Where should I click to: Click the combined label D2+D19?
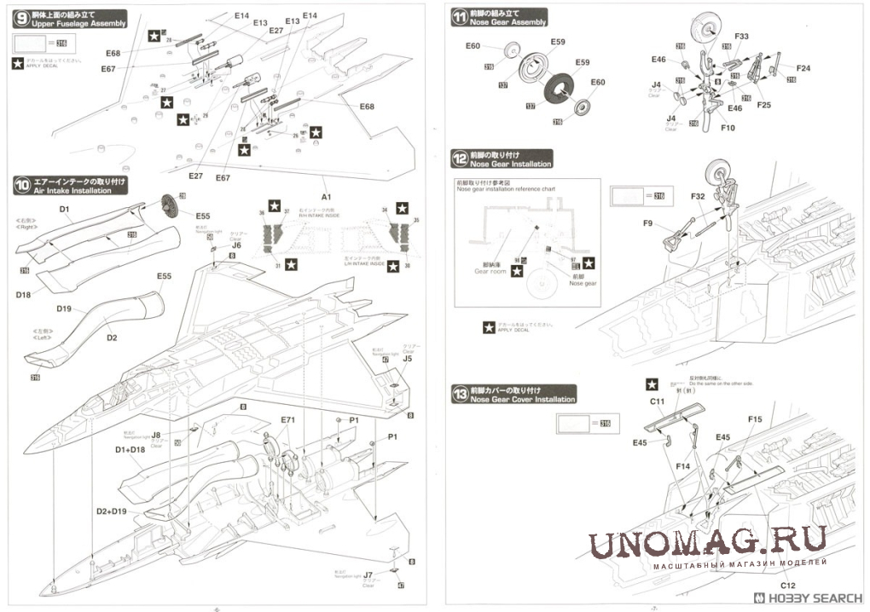click(x=111, y=511)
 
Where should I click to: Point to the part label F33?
click(x=741, y=37)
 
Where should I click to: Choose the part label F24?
click(x=803, y=68)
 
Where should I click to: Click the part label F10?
click(x=727, y=128)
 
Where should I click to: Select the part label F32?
click(x=697, y=196)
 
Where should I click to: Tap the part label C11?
click(x=657, y=401)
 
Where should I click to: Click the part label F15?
click(x=754, y=419)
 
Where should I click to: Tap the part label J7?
click(x=368, y=574)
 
